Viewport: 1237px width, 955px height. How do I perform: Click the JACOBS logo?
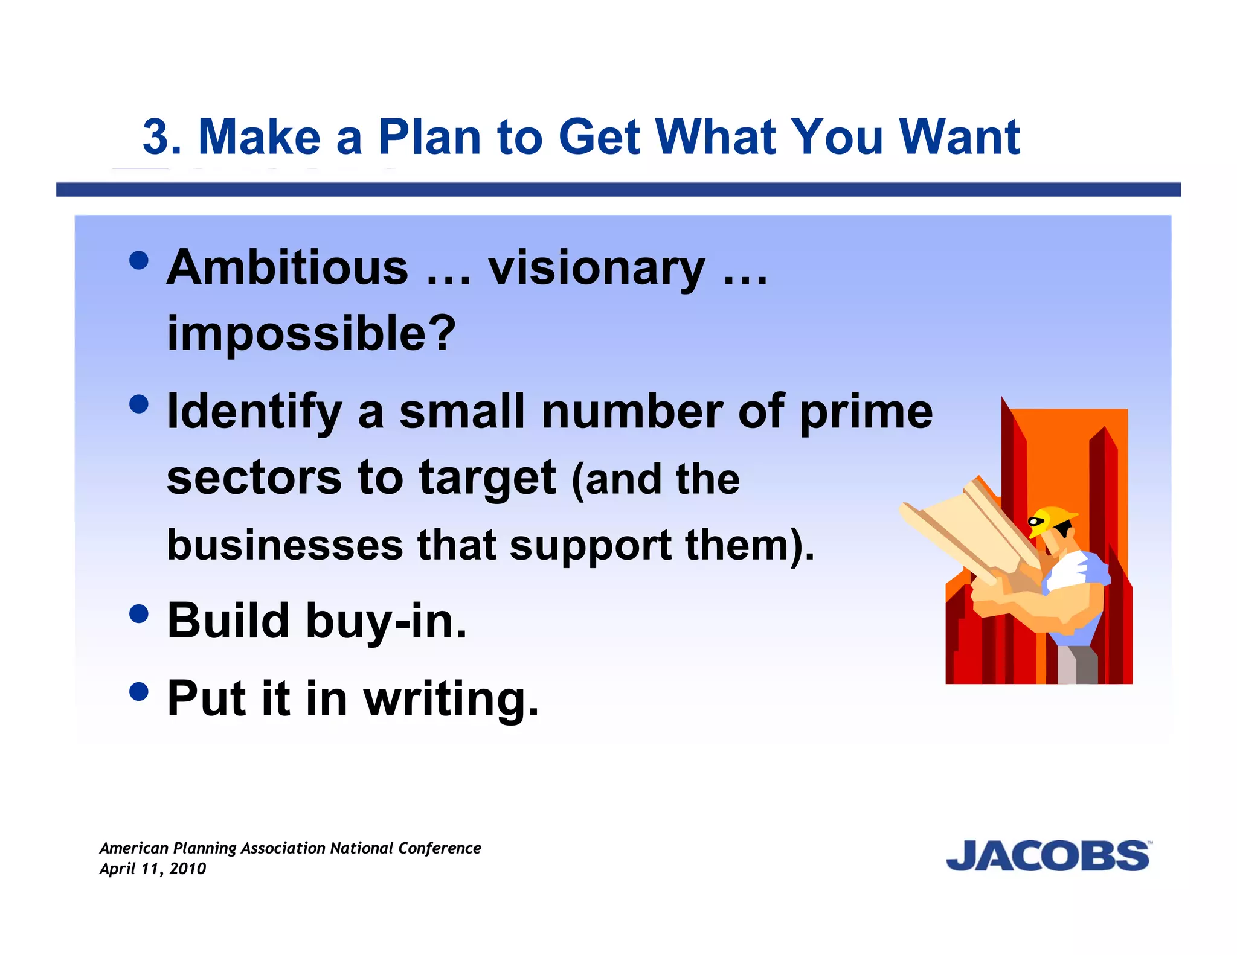tap(1048, 855)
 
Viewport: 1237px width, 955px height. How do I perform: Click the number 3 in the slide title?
tap(162, 136)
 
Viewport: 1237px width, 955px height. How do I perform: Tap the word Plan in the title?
tap(429, 136)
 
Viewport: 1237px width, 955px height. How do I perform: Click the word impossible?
tap(311, 333)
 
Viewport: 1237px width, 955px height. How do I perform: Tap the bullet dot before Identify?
tap(139, 404)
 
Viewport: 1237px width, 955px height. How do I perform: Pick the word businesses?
tap(284, 545)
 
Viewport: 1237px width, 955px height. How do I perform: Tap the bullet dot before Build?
tap(139, 613)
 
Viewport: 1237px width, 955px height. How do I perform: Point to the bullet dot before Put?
tap(139, 691)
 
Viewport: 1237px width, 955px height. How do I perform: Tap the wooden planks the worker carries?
tap(966, 525)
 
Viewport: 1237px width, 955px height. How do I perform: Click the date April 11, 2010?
tap(152, 869)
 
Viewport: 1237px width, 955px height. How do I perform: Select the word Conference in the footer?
tap(439, 848)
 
